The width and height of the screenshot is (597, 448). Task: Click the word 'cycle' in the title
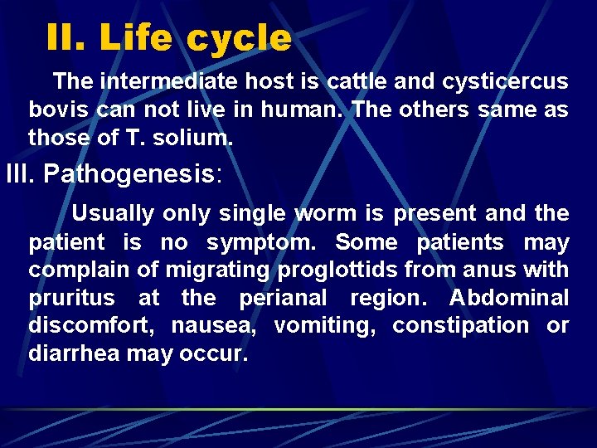coord(239,38)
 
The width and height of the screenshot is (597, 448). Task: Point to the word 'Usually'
coord(112,213)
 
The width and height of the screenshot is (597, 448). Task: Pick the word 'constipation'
coord(459,326)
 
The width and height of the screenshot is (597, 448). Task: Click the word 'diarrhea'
coord(74,354)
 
